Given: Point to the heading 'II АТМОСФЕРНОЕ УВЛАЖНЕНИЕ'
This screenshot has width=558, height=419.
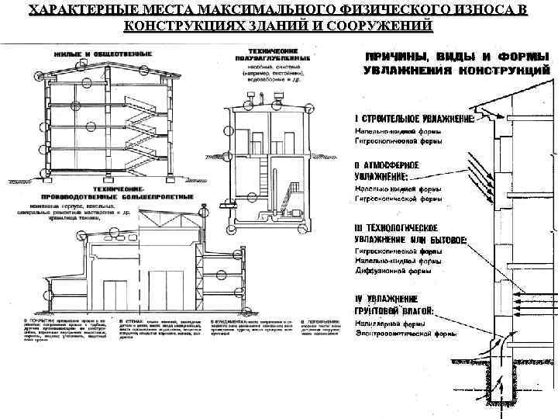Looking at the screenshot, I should pyautogui.click(x=387, y=171).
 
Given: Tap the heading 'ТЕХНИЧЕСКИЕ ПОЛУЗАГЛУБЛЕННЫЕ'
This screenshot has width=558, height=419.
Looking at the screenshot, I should pyautogui.click(x=272, y=56).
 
